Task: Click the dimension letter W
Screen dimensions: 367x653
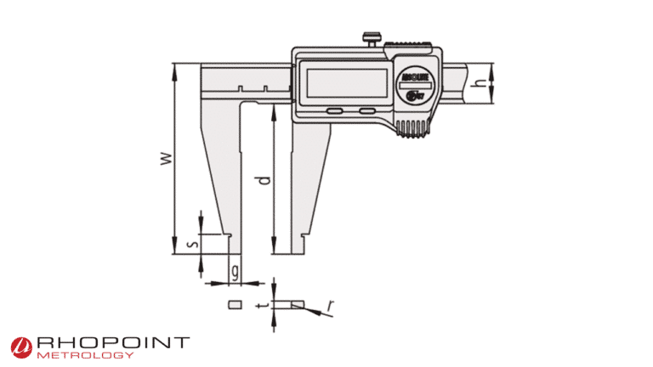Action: click(168, 158)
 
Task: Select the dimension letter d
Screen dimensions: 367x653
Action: click(265, 181)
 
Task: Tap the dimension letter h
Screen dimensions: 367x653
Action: click(480, 83)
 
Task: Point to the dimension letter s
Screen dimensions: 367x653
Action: click(193, 244)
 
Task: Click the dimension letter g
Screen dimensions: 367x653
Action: click(235, 272)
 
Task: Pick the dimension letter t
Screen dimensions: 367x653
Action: click(267, 303)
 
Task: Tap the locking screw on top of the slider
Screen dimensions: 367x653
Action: click(371, 38)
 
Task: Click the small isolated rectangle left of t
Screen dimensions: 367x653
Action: click(235, 302)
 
